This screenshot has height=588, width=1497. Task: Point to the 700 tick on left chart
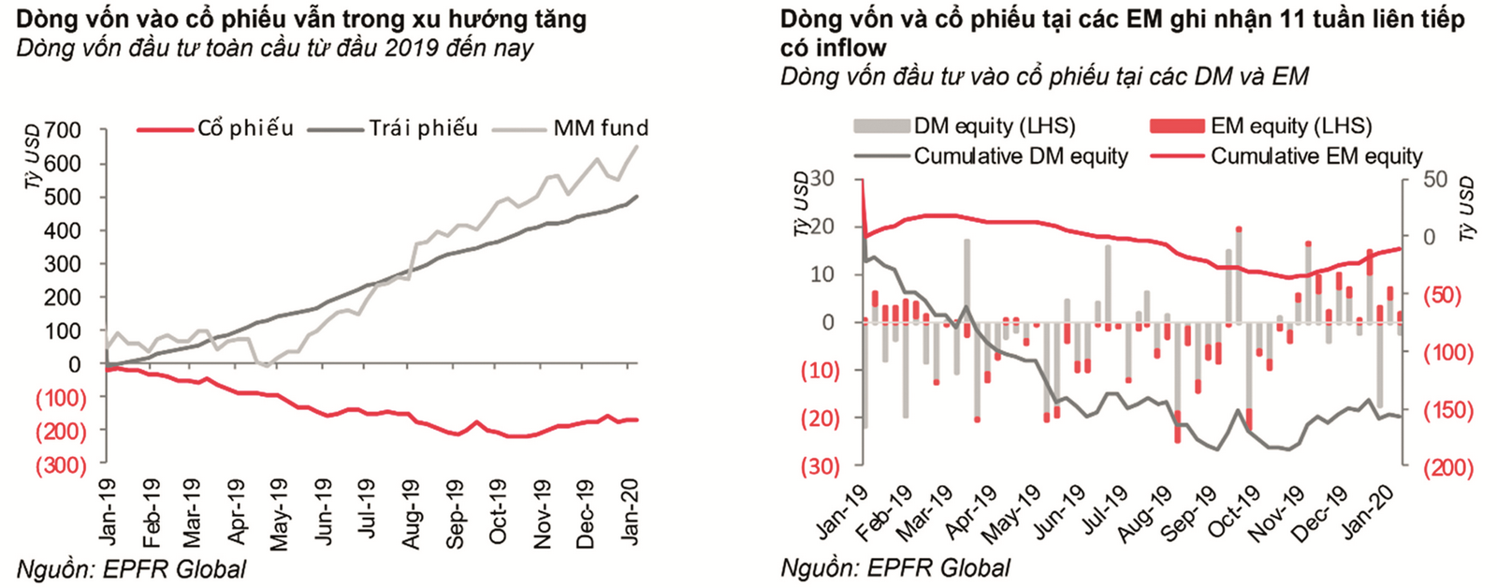pyautogui.click(x=64, y=130)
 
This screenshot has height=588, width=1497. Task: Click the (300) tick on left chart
pyautogui.click(x=61, y=465)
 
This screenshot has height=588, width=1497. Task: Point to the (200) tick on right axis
pyautogui.click(x=1447, y=467)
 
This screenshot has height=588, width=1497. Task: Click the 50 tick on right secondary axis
pyautogui.click(x=1435, y=179)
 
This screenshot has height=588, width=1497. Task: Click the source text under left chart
pyautogui.click(x=132, y=568)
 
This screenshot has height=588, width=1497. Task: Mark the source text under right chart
pyautogui.click(x=895, y=567)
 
